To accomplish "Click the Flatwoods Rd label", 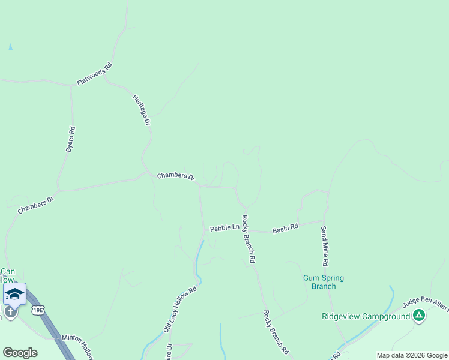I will (94, 74).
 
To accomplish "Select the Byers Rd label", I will (70, 139).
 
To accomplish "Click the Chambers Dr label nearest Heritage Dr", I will (176, 176).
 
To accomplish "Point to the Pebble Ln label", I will (224, 227).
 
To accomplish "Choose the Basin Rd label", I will (285, 228).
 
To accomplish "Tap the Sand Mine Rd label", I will (324, 246).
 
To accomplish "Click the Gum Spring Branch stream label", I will (319, 282).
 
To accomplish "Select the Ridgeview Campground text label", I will (366, 316).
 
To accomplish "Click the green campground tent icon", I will (419, 315).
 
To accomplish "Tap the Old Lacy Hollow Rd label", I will (180, 310).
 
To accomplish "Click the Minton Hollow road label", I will (77, 347).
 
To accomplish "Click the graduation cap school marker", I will (14, 294).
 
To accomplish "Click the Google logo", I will (20, 353).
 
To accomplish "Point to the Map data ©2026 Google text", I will (412, 355).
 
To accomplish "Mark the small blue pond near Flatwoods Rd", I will (10, 46).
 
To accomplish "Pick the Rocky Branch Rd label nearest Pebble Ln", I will (249, 240).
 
